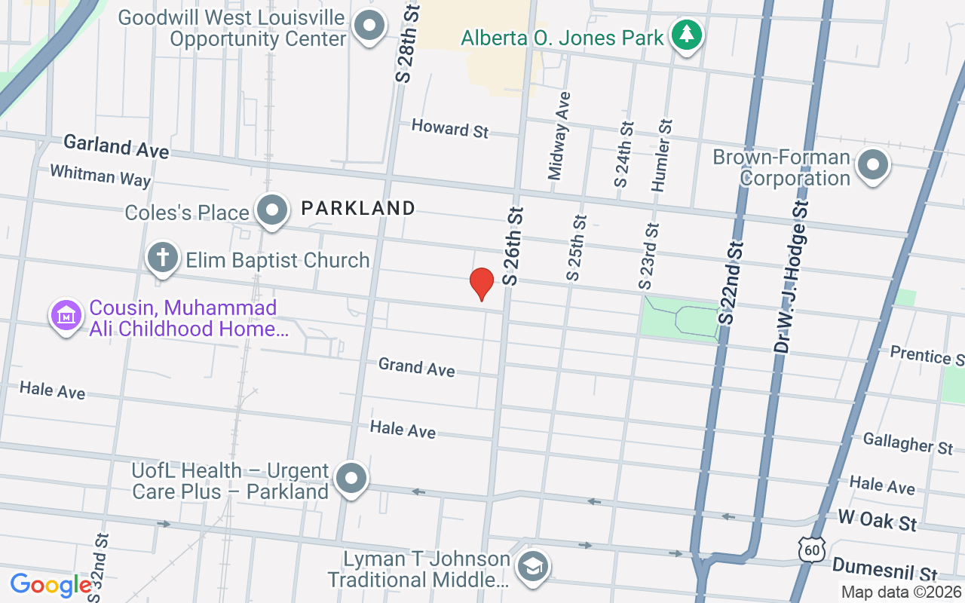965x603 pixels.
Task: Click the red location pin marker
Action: [481, 283]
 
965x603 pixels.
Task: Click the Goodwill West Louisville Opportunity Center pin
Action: [369, 26]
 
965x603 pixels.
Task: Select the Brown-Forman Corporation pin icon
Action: [874, 165]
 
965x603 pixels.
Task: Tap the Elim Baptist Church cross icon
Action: [162, 258]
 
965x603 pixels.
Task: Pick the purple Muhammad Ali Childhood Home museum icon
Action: [66, 316]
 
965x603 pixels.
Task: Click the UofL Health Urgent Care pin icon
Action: [351, 479]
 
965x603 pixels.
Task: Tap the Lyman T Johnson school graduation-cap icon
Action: [533, 566]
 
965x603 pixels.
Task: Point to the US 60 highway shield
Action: [813, 550]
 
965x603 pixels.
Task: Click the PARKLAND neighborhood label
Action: [358, 208]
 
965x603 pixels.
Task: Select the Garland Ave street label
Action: [116, 146]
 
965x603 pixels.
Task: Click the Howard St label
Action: [450, 129]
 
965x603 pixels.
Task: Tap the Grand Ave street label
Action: [417, 368]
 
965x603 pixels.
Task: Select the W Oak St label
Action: [878, 520]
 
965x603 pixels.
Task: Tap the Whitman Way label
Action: [100, 176]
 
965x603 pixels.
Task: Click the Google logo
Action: [51, 584]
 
